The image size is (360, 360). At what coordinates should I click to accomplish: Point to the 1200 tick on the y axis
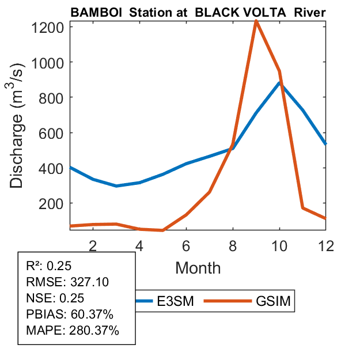click(x=48, y=26)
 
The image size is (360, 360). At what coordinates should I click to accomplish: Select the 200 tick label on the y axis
click(x=52, y=203)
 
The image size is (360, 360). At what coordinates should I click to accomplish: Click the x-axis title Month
click(x=198, y=267)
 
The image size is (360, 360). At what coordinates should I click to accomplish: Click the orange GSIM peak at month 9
click(x=256, y=21)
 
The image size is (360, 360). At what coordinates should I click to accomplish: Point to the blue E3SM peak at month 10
click(x=279, y=83)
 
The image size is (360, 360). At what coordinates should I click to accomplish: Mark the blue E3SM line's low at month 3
click(x=116, y=185)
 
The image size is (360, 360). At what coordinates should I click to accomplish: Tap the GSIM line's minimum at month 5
click(x=163, y=230)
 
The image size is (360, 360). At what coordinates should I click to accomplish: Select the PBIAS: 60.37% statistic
click(x=70, y=314)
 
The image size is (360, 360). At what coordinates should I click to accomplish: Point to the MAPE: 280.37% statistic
click(x=73, y=331)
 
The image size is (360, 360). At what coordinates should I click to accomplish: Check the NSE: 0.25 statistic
click(x=55, y=298)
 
